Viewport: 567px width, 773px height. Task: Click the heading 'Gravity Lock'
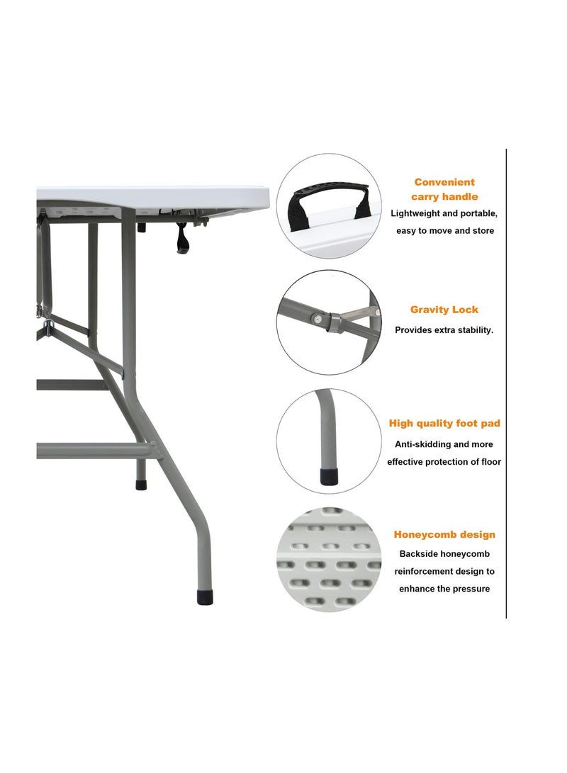[444, 310]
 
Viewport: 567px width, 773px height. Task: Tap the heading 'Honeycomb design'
[444, 535]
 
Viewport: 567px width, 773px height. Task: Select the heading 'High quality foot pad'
[444, 424]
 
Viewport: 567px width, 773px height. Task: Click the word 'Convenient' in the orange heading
[444, 182]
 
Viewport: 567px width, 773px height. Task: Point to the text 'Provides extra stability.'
[444, 330]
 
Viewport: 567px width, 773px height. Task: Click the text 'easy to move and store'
[444, 230]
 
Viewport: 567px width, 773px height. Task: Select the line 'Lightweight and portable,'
[444, 213]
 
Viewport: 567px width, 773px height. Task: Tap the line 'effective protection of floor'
[444, 462]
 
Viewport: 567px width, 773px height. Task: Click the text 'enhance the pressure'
[444, 589]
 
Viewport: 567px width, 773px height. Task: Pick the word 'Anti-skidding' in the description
[422, 444]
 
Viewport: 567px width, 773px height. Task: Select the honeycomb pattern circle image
[328, 560]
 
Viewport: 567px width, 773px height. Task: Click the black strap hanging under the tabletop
[183, 239]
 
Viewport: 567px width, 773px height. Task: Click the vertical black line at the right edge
[506, 383]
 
